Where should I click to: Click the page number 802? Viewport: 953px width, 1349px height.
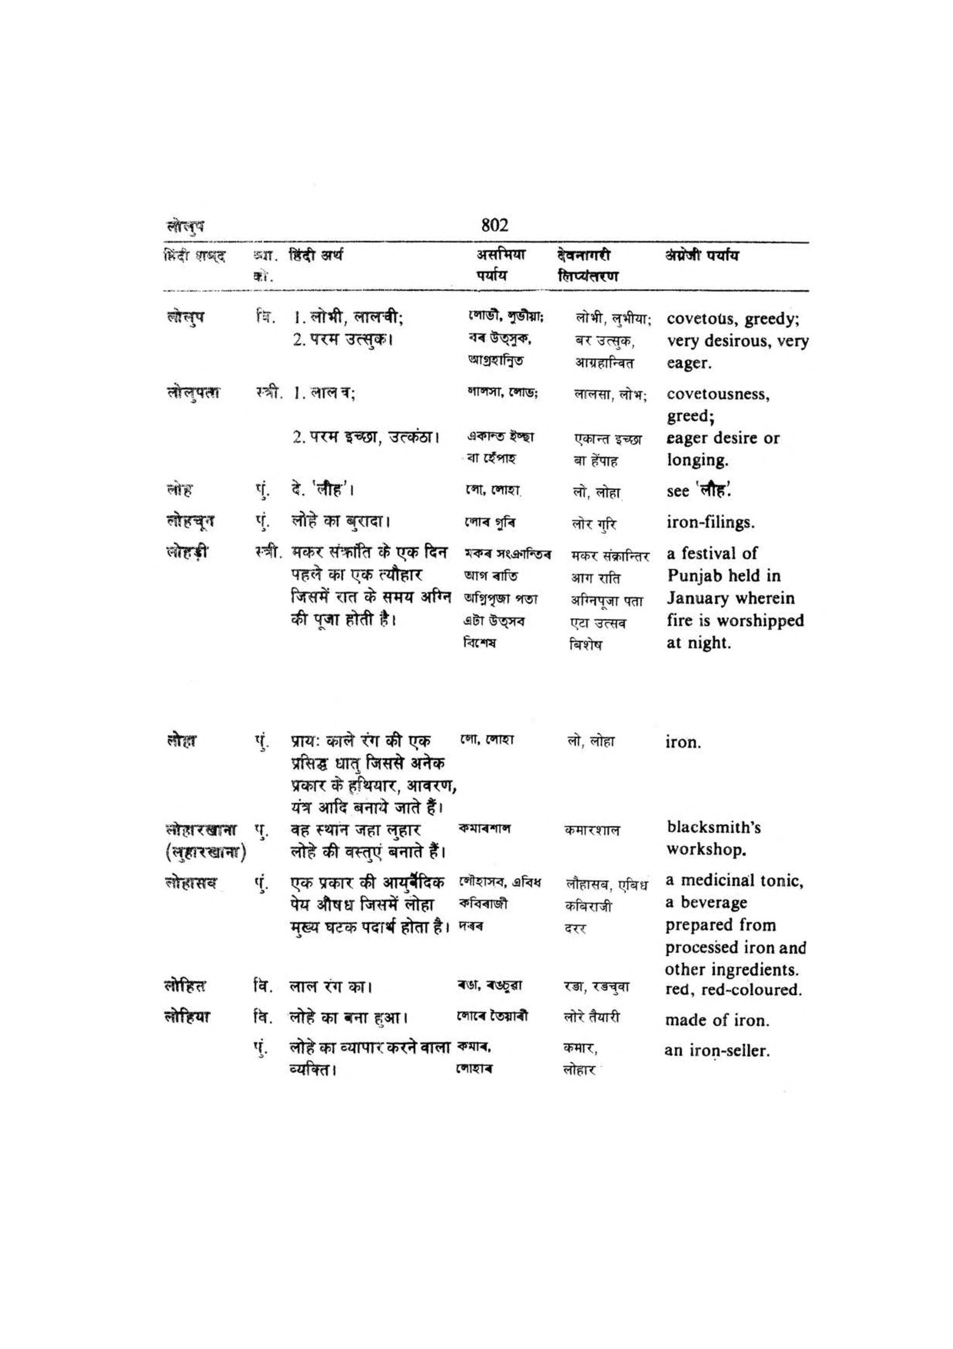point(494,225)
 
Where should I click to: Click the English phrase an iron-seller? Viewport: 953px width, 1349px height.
point(717,1050)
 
